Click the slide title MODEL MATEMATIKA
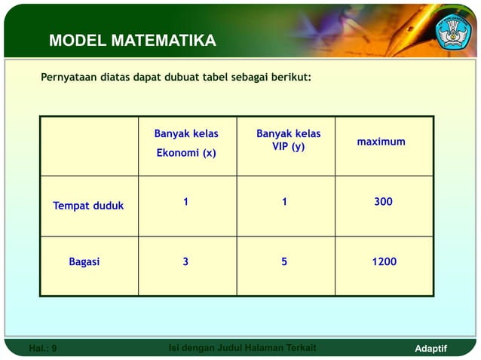[133, 41]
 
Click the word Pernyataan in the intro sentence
[69, 78]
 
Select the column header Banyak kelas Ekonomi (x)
[186, 143]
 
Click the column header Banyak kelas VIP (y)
[288, 140]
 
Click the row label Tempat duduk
[88, 206]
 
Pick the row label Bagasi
[84, 262]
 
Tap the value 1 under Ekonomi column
[186, 202]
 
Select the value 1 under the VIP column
[285, 202]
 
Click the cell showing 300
[383, 202]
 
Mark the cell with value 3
[185, 262]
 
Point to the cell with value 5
[284, 262]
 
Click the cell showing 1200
[384, 262]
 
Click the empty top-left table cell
[89, 146]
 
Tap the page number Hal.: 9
[42, 349]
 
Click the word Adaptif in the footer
[431, 349]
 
